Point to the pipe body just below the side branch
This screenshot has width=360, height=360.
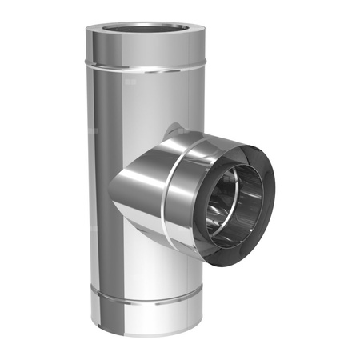click(160, 264)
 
